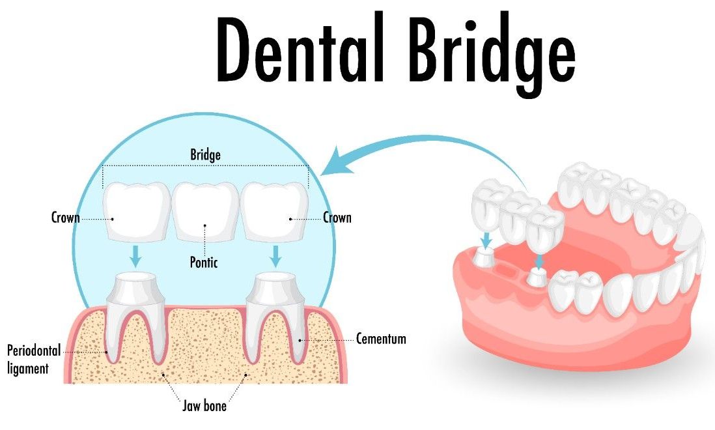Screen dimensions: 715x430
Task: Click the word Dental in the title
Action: point(301,50)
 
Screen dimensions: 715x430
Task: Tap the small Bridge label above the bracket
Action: point(205,155)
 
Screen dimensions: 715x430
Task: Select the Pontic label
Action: point(204,262)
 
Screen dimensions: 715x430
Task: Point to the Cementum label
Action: point(381,339)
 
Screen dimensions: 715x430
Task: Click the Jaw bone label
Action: point(204,405)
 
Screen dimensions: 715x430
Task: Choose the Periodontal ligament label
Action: point(34,360)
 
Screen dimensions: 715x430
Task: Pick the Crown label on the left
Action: point(66,218)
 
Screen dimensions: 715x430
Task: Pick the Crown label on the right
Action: point(337,218)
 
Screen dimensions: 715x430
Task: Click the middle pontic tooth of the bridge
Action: point(205,211)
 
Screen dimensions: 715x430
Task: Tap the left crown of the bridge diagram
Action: point(137,211)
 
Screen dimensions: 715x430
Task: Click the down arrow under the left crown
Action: point(135,256)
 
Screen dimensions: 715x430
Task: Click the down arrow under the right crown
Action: point(275,256)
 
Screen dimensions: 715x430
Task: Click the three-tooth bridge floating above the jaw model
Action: point(518,214)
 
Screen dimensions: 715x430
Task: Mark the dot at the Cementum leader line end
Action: point(300,339)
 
